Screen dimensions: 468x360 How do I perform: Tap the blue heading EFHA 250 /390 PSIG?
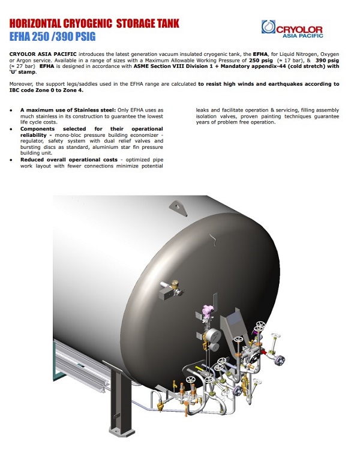[x=52, y=35]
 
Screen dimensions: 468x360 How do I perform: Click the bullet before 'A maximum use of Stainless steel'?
[x=13, y=110]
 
